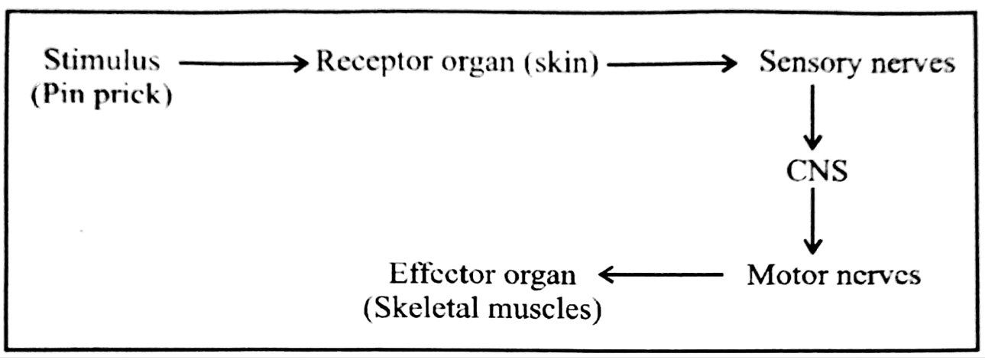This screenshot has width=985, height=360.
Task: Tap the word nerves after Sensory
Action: click(914, 63)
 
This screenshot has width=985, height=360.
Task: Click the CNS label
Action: click(816, 170)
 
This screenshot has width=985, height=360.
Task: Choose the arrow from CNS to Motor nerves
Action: click(814, 221)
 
